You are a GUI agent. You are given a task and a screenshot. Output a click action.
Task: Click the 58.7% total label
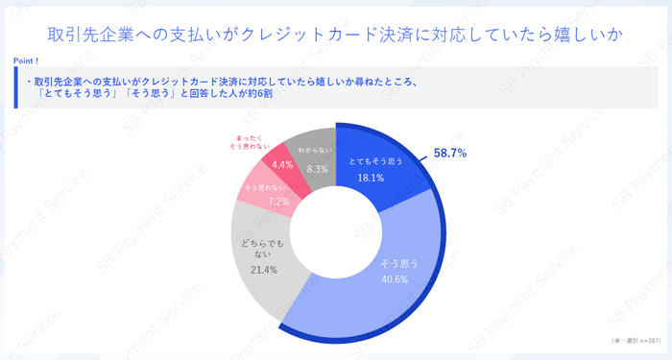click(450, 153)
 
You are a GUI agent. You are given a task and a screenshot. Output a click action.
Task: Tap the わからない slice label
click(315, 152)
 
